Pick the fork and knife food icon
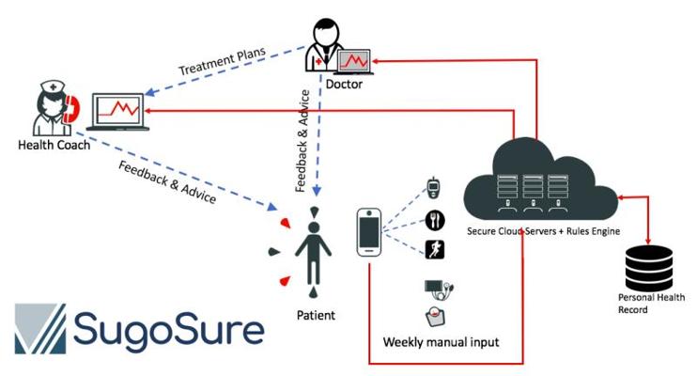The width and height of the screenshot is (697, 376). pos(434,221)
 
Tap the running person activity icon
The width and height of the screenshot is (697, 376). pos(435,249)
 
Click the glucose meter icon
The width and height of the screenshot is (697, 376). pos(433,187)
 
